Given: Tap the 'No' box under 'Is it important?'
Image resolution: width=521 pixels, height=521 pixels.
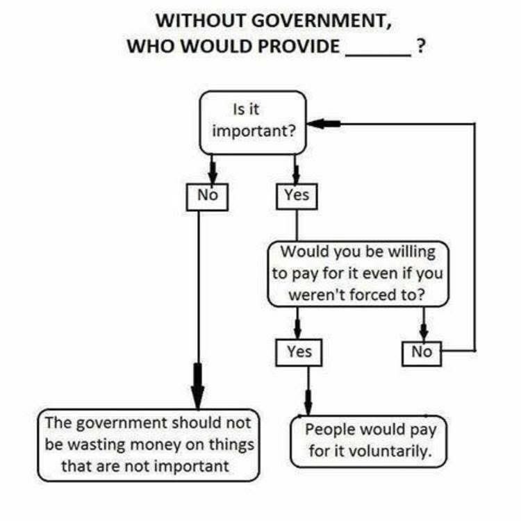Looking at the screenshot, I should (208, 196).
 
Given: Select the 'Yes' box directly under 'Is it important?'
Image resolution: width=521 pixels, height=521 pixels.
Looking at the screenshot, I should (297, 196).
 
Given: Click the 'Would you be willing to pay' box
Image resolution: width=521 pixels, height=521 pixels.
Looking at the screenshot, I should (358, 273).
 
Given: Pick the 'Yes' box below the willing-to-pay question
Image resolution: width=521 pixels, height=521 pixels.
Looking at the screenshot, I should (299, 352).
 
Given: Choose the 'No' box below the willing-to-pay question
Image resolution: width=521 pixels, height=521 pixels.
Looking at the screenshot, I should (422, 352).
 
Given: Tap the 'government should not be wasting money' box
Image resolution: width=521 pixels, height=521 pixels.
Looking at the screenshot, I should (147, 445).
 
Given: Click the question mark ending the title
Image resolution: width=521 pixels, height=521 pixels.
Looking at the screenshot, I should (420, 47).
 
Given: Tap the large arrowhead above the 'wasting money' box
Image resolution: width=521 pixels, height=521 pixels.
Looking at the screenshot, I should (198, 390).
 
